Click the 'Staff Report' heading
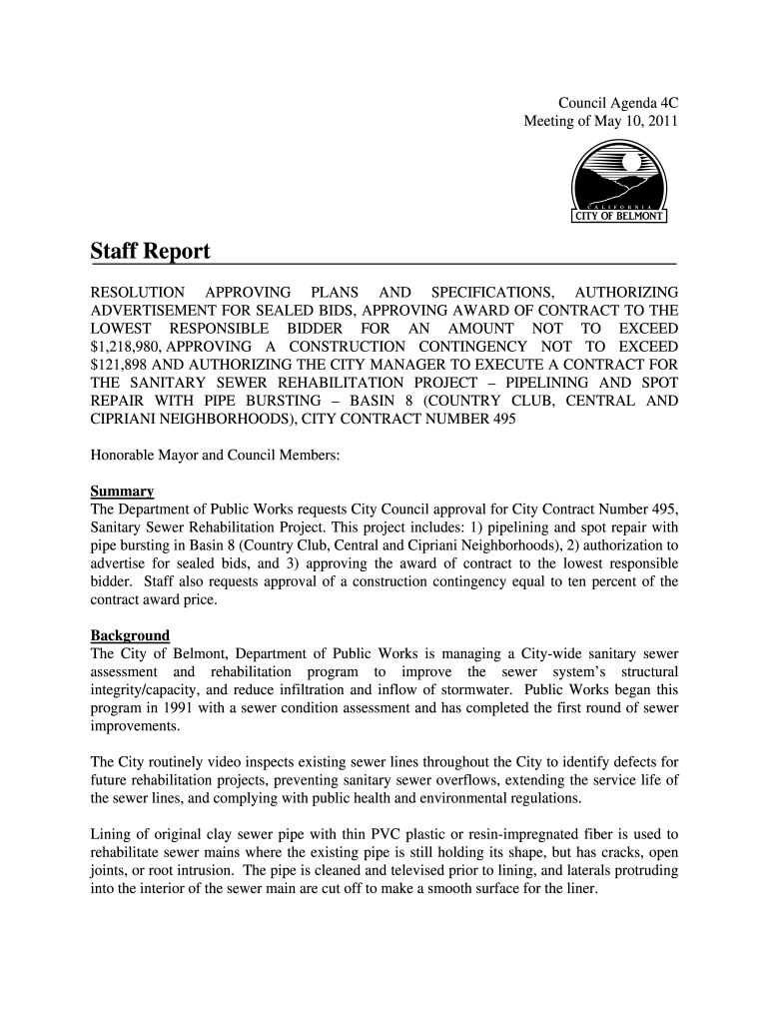point(150,251)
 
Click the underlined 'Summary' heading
point(122,492)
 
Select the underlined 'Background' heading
point(130,635)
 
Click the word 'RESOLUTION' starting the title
point(138,292)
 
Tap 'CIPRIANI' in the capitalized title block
point(125,420)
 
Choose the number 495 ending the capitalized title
point(502,420)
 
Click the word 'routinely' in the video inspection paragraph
point(180,762)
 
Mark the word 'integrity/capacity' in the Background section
point(148,690)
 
